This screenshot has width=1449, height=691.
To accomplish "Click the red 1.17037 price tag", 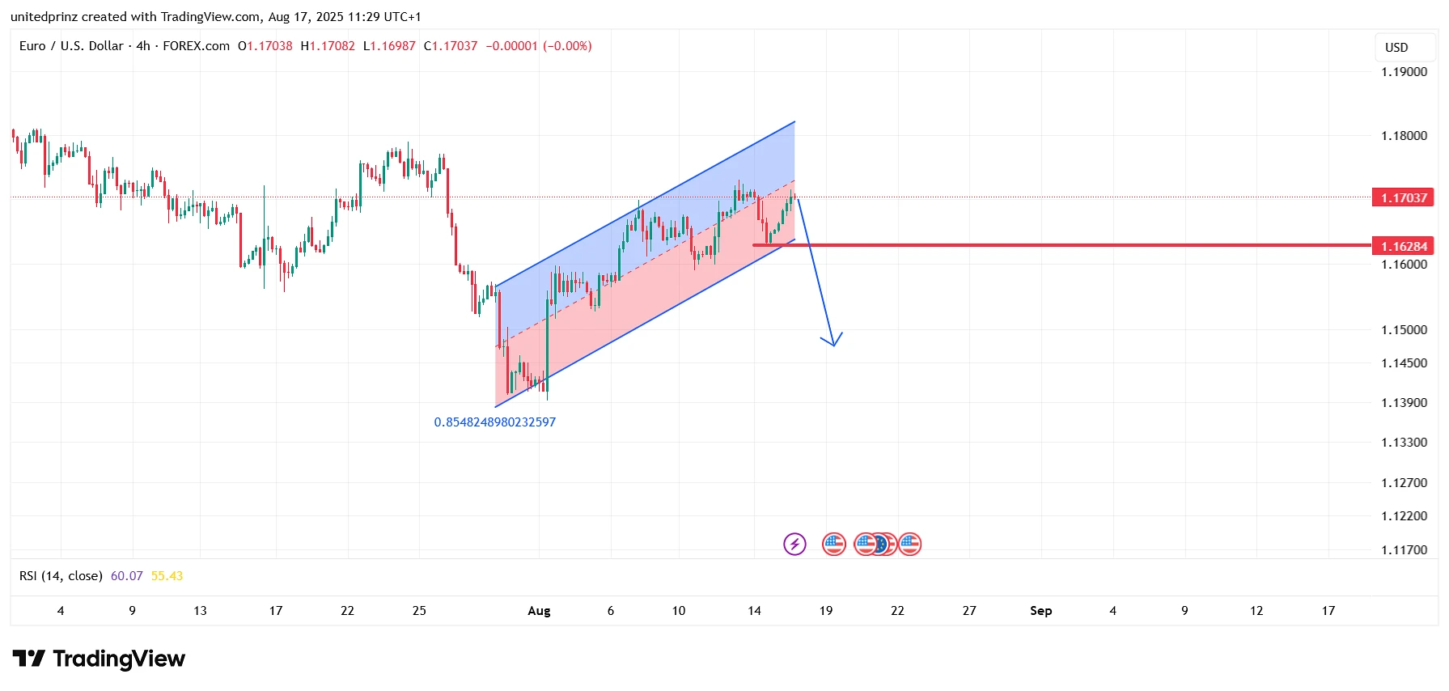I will (x=1403, y=197).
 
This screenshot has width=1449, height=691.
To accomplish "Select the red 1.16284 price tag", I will (x=1403, y=246).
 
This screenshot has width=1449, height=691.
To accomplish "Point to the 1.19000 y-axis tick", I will (x=1404, y=72).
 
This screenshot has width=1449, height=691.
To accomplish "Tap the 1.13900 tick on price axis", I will (x=1404, y=403).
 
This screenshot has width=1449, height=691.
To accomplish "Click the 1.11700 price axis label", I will (x=1404, y=550).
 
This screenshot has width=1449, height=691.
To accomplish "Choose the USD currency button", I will (x=1396, y=48).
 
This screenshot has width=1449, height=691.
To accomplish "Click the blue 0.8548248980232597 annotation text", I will (x=494, y=422).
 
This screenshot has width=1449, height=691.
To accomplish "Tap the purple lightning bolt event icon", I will (x=794, y=544).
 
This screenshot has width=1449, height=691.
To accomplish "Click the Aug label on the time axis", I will (x=539, y=611).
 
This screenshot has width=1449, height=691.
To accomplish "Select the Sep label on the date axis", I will (x=1040, y=611).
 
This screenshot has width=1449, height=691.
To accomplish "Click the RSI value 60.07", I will (x=126, y=576).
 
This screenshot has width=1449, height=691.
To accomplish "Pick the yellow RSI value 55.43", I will (x=167, y=576).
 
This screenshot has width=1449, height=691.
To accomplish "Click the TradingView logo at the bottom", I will (x=99, y=659).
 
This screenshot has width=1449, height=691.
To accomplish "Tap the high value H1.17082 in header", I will (x=328, y=46).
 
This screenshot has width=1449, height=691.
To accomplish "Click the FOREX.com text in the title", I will (x=196, y=46).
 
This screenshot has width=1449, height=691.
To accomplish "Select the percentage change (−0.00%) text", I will (x=567, y=46).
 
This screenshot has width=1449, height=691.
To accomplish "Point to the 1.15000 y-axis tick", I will (x=1404, y=330).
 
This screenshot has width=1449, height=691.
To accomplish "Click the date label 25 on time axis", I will (x=419, y=611).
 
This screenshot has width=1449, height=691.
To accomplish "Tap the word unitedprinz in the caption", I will (x=44, y=17).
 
